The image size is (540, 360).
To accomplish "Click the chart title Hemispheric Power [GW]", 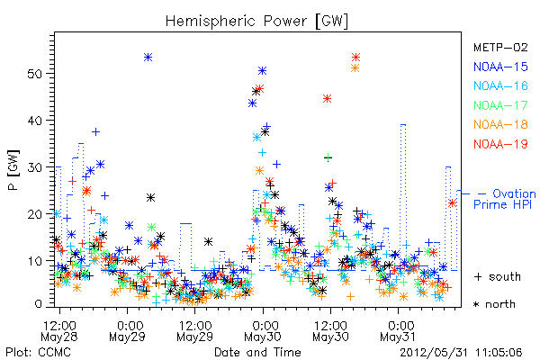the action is coord(256,22).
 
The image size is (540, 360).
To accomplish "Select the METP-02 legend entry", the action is coord(500,47).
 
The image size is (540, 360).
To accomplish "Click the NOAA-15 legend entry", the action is coord(500,67).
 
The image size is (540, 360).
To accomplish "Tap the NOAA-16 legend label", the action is coord(500,85).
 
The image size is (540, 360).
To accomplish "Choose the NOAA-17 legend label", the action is coord(500,105).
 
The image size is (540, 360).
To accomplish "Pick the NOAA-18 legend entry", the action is coord(500,124).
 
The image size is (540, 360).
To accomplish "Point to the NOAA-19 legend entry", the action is coord(500,144).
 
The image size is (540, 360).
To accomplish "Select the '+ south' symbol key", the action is coord(498,276).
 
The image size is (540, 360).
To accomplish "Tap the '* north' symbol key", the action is coord(494,304).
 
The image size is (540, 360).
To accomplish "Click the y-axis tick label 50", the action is coord(35,74).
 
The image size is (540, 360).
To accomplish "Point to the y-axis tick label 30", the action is coord(35,167).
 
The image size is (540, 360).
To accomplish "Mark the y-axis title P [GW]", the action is coord(13,170).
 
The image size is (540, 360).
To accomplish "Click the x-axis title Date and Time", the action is coord(257,352).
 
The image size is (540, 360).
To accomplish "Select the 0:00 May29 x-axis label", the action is coord(127,331).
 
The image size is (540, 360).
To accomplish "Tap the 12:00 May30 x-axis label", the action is coord(330,331).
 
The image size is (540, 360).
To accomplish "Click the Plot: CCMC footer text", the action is coord(38,352).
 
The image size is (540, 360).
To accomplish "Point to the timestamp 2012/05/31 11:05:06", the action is coord(461,352).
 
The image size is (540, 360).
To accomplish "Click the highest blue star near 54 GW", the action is coord(148,58).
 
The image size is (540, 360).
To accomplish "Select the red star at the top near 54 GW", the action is coord(355,58).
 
